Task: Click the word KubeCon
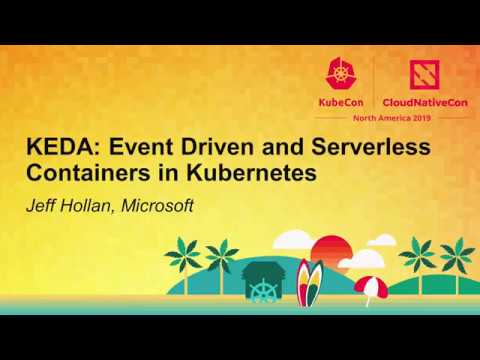[340, 102]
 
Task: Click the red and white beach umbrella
[370, 286]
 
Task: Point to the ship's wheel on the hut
[264, 293]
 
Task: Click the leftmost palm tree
[184, 254]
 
